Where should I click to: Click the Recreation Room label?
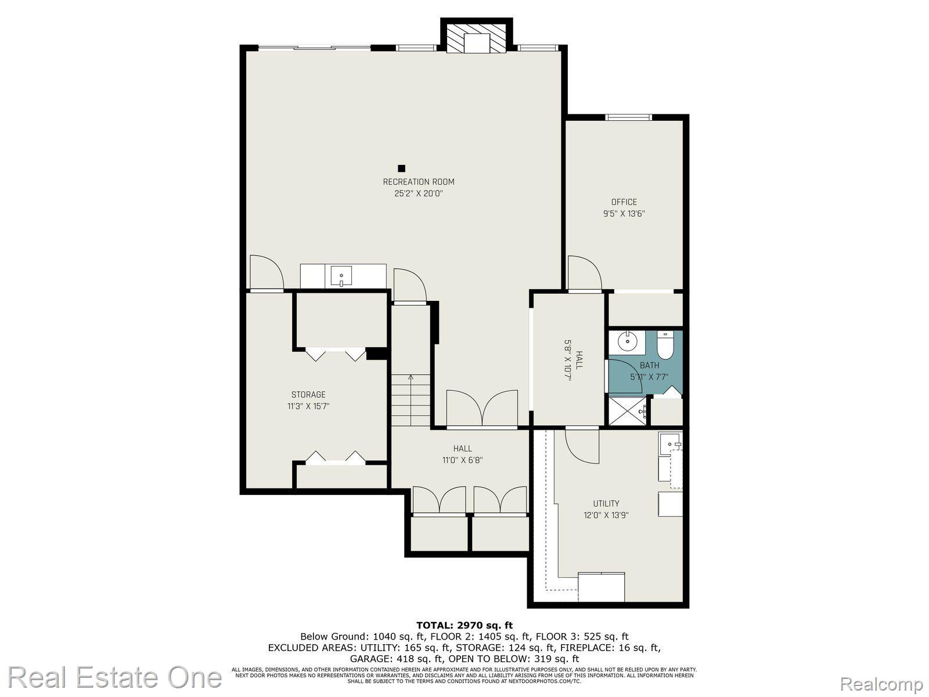pyautogui.click(x=418, y=182)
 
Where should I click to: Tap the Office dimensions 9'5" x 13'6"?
pyautogui.click(x=624, y=213)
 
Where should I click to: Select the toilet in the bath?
pyautogui.click(x=665, y=346)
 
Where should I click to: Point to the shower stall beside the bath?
pyautogui.click(x=627, y=411)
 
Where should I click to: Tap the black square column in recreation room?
pyautogui.click(x=401, y=168)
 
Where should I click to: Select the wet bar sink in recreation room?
pyautogui.click(x=341, y=276)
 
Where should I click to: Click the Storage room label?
pyautogui.click(x=308, y=395)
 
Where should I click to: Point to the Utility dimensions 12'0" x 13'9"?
pyautogui.click(x=606, y=515)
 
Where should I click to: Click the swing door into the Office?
pyautogui.click(x=584, y=273)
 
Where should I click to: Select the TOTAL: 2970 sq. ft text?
pyautogui.click(x=464, y=625)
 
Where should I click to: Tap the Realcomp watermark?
pyautogui.click(x=883, y=684)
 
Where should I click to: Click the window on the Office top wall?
pyautogui.click(x=628, y=117)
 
